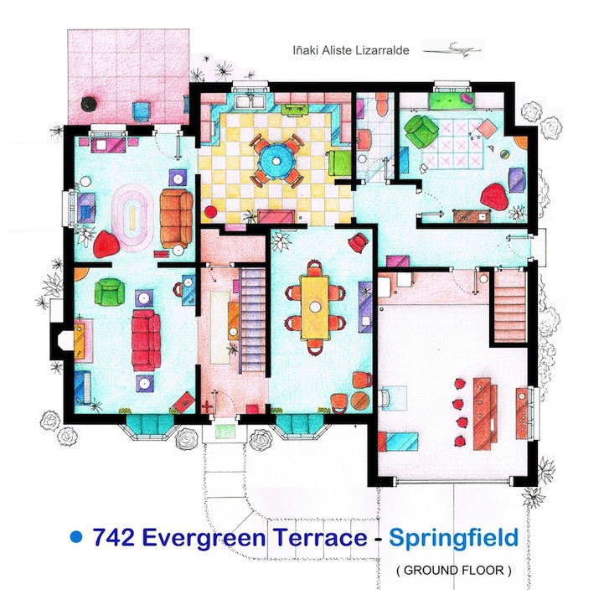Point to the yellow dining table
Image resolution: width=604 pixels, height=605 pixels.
tap(316, 305)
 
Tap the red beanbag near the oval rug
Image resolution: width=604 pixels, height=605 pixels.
tap(107, 245)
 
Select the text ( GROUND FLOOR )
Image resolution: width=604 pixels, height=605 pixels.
tap(453, 571)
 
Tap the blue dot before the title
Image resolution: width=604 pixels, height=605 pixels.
tap(77, 535)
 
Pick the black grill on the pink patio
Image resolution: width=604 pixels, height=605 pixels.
tap(87, 104)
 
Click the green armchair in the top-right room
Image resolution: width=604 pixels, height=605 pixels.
tap(418, 130)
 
